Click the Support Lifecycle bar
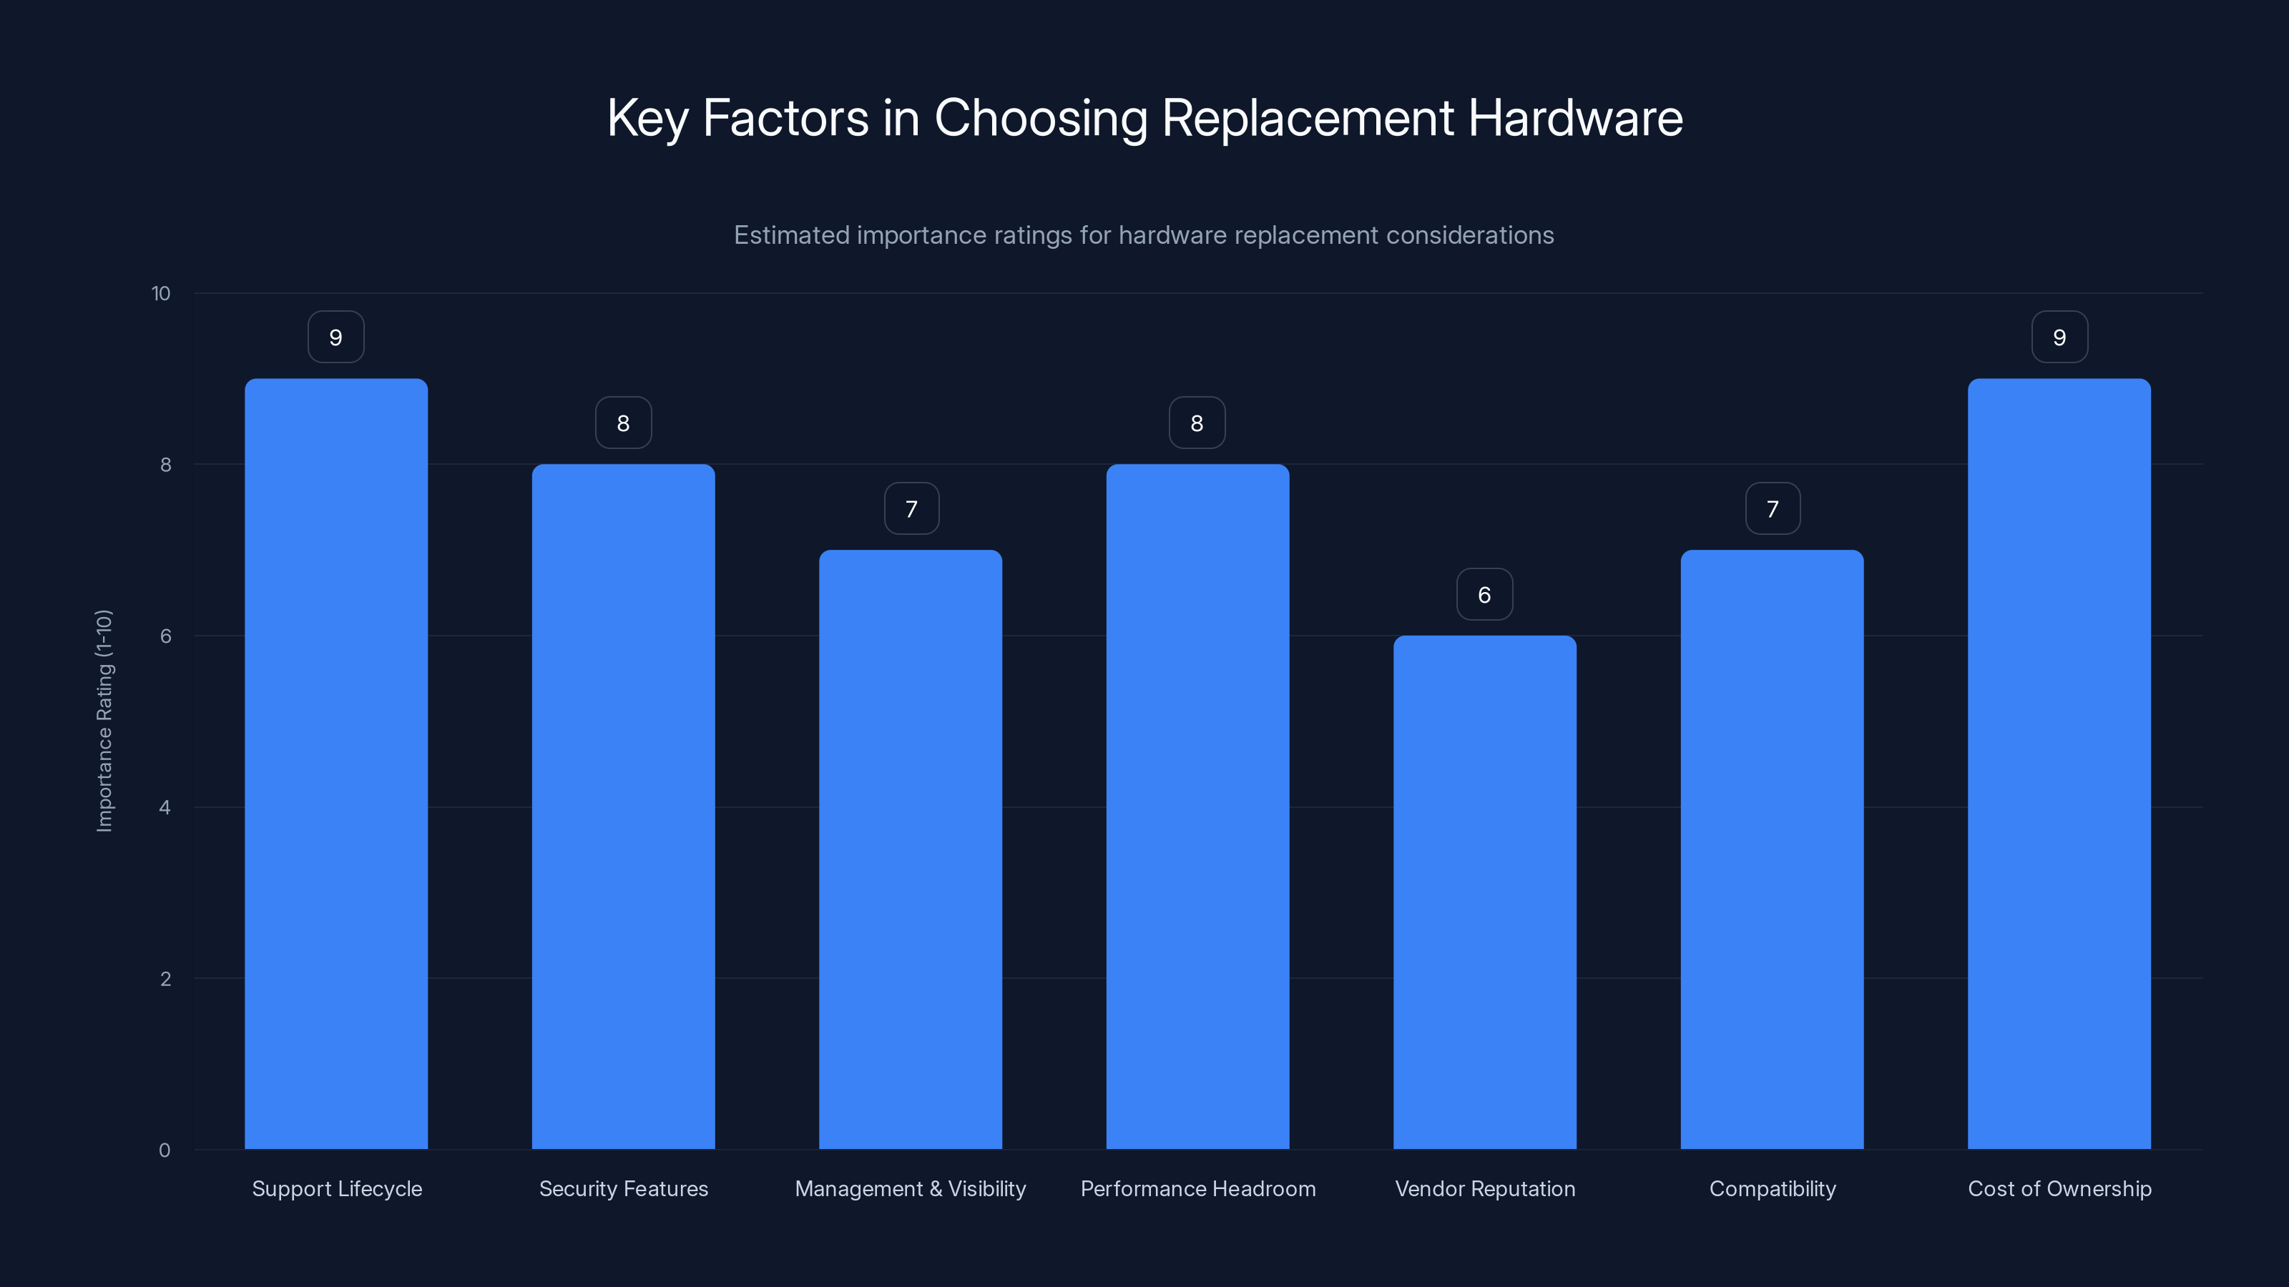click(x=336, y=764)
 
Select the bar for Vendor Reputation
click(x=1484, y=892)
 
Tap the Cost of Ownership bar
click(x=2059, y=764)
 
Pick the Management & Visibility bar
click(x=910, y=849)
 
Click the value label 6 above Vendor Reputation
click(x=1484, y=595)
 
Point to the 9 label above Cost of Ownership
click(x=2059, y=337)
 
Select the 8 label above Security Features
click(x=623, y=424)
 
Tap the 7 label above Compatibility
click(x=1772, y=509)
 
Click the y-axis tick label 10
click(x=161, y=294)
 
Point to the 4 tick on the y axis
click(x=165, y=807)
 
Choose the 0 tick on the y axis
click(x=165, y=1150)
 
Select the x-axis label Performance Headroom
click(x=1197, y=1188)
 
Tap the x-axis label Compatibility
click(x=1772, y=1188)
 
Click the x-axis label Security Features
click(x=623, y=1188)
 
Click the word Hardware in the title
click(x=1574, y=118)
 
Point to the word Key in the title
click(x=646, y=118)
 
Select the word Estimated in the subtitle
click(x=791, y=235)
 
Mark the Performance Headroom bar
click(x=1197, y=807)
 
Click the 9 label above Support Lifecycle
click(x=336, y=337)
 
